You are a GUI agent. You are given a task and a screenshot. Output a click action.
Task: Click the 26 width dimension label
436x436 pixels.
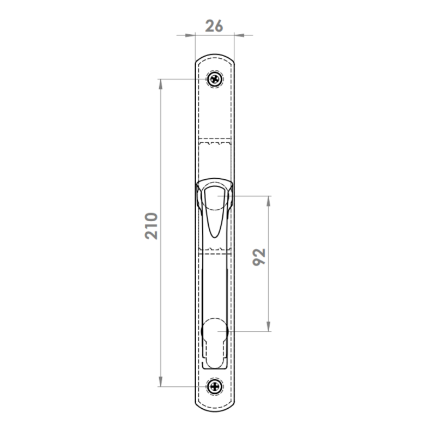coord(214,26)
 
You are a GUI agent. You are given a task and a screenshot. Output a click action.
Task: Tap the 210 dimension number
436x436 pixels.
coord(152,226)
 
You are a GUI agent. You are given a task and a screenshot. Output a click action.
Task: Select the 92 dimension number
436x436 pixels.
coord(259,257)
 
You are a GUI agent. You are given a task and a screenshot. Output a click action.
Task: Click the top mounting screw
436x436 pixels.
coord(215,79)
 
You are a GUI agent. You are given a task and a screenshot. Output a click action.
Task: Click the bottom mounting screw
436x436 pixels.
coord(215,386)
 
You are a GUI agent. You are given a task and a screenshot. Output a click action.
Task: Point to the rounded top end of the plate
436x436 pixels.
coord(214,56)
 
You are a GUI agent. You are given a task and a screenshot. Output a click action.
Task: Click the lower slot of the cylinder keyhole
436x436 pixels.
coord(215,356)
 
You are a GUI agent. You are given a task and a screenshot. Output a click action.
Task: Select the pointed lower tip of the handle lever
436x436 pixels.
coord(214,237)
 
